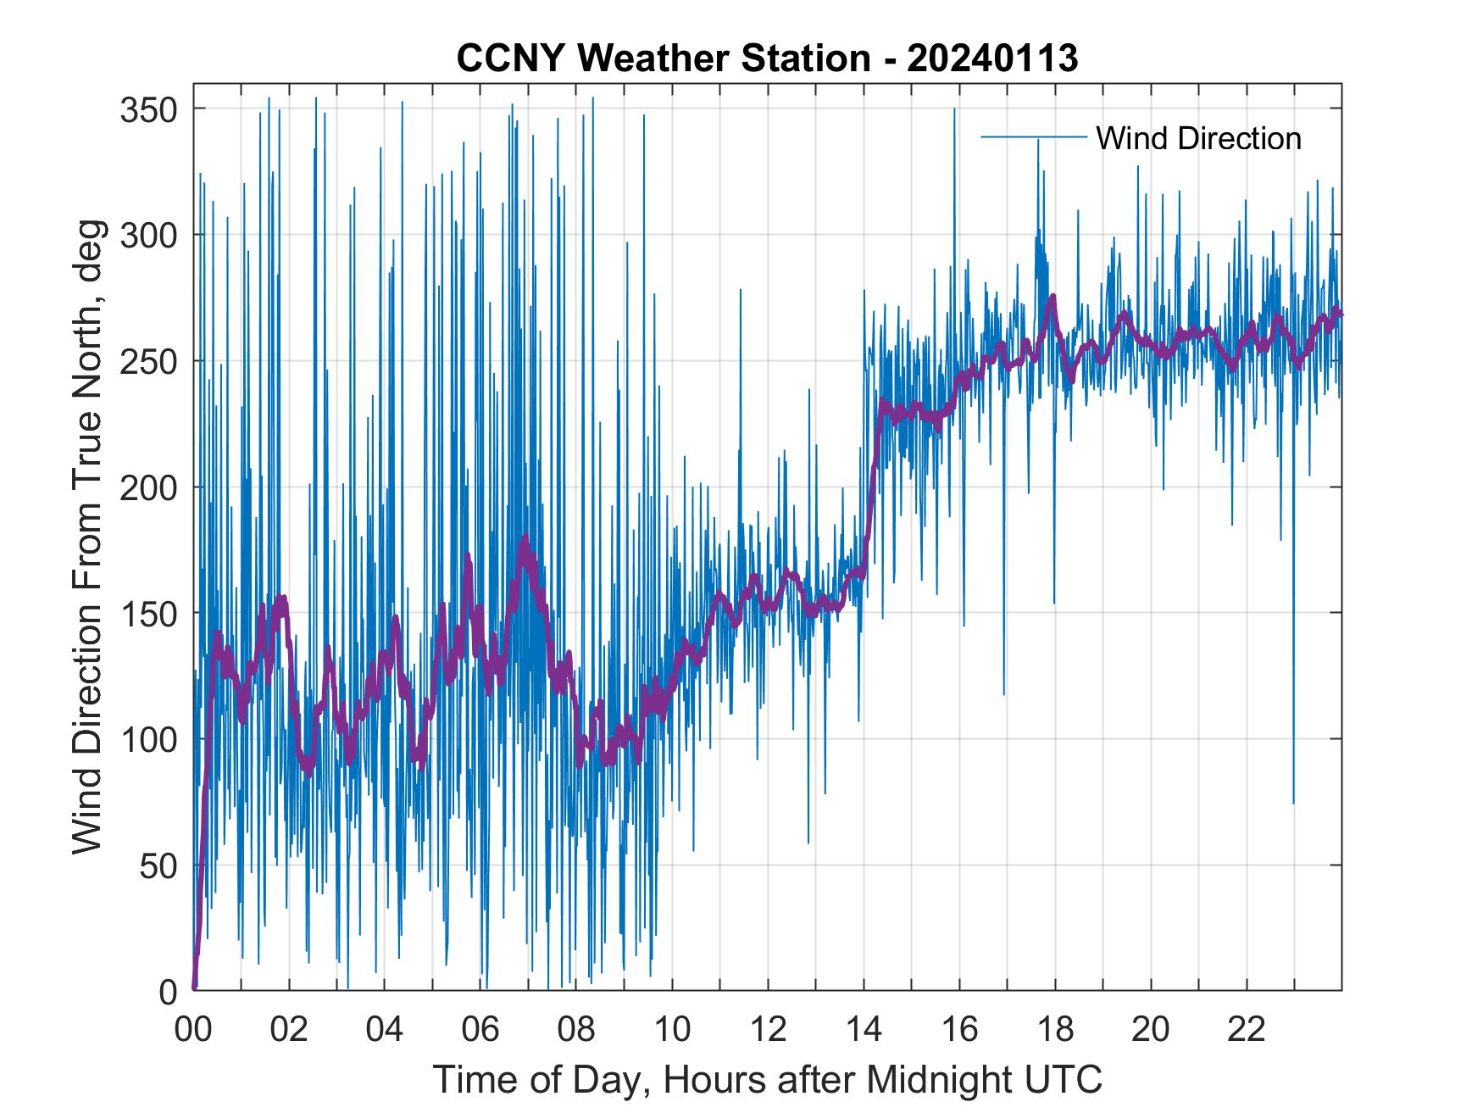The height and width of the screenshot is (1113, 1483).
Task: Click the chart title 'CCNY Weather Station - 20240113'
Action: [x=767, y=58]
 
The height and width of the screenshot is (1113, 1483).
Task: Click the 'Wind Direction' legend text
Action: [x=1198, y=138]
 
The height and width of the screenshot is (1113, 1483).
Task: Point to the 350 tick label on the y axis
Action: [x=148, y=109]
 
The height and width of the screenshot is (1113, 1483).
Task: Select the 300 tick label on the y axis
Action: [x=148, y=235]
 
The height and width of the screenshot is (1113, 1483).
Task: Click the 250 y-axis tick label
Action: [x=148, y=361]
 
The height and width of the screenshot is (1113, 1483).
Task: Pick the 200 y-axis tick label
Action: [x=148, y=487]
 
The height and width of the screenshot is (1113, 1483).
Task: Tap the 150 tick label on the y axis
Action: [x=148, y=613]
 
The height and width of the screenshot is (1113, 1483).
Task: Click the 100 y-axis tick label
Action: [x=148, y=739]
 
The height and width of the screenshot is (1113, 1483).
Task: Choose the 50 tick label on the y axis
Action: [x=158, y=865]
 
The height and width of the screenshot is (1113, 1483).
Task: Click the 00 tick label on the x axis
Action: [x=193, y=1029]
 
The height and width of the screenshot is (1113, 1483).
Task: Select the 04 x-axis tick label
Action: [x=385, y=1029]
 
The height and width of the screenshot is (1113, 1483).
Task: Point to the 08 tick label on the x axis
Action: [x=576, y=1029]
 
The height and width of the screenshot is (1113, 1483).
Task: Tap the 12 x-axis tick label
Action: [x=768, y=1029]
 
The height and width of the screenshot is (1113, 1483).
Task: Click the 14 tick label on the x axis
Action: [x=864, y=1029]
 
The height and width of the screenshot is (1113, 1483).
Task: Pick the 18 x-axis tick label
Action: [x=1055, y=1029]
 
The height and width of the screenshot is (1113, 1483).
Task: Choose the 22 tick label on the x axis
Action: [x=1247, y=1029]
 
